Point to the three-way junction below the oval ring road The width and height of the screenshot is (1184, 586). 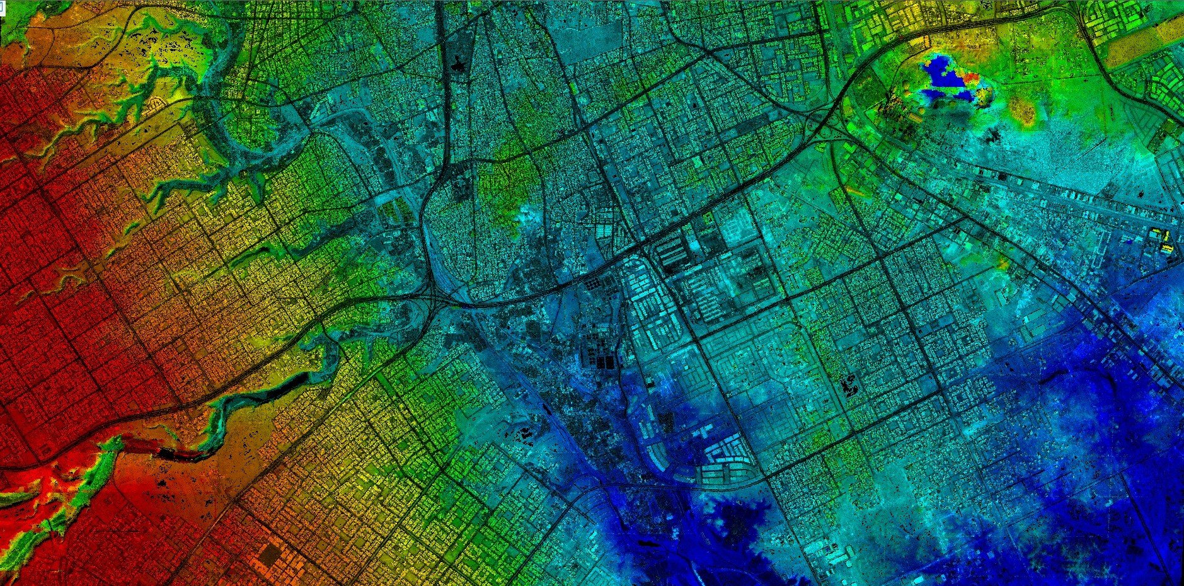[441, 301]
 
